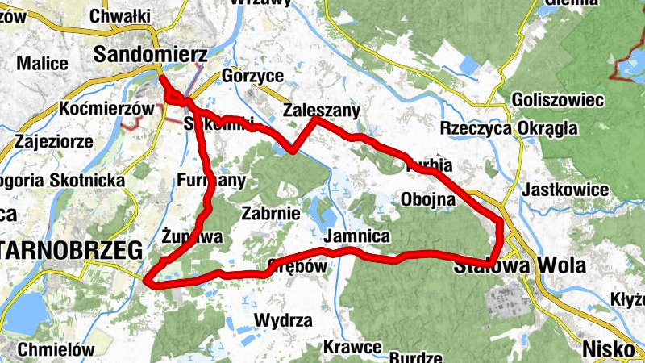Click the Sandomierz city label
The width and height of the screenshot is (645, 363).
151,54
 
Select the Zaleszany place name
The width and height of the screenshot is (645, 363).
321,111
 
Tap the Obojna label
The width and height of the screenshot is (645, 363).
427,199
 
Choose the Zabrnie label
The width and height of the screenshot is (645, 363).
271,214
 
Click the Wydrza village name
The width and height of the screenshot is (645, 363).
282,320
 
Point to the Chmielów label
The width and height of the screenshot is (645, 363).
56,350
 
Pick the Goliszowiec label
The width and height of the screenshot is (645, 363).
558,100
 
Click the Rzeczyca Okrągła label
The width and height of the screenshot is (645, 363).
509,128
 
